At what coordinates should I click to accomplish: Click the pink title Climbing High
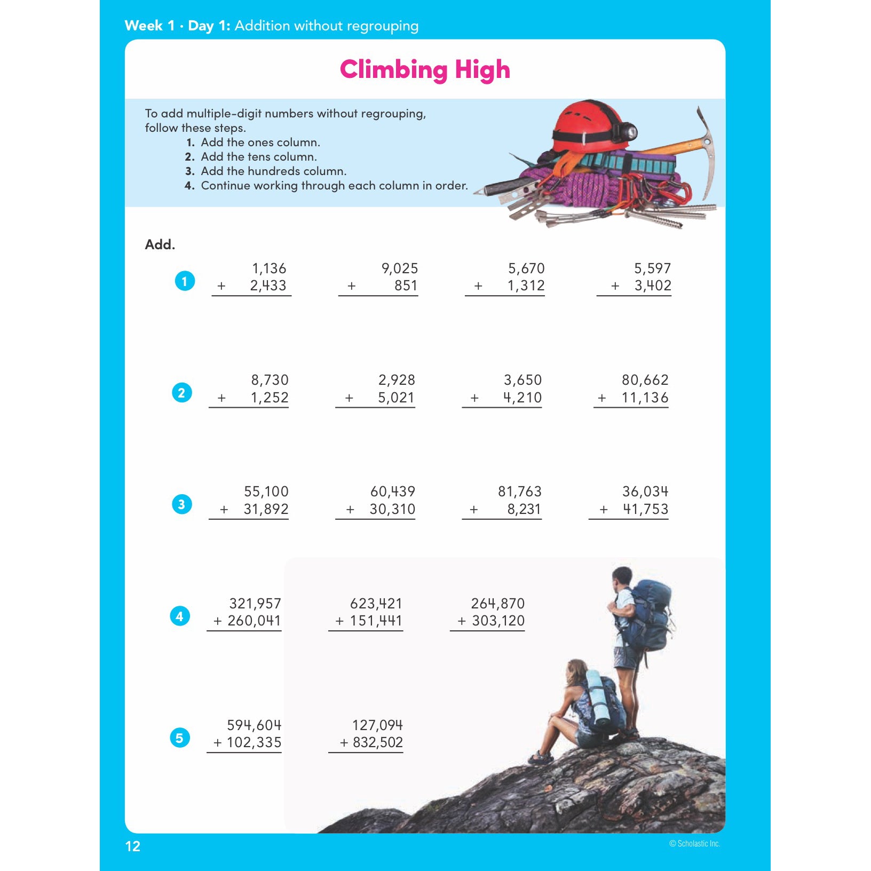[x=425, y=70]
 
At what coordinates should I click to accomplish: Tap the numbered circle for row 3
[x=181, y=504]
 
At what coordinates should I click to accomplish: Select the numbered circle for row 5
[x=180, y=738]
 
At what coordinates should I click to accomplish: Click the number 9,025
[x=399, y=268]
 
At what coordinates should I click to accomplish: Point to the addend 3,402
[x=652, y=286]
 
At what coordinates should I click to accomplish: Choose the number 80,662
[x=645, y=380]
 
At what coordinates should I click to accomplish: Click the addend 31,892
[x=266, y=509]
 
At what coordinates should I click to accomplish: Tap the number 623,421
[x=376, y=604]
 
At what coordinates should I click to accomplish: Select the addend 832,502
[x=377, y=742]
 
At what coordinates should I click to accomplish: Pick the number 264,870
[x=497, y=604]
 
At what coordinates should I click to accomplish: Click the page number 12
[x=132, y=846]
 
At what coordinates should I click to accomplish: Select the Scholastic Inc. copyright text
[x=694, y=844]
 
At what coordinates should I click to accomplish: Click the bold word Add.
[x=160, y=244]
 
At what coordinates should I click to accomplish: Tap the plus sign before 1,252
[x=221, y=398]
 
